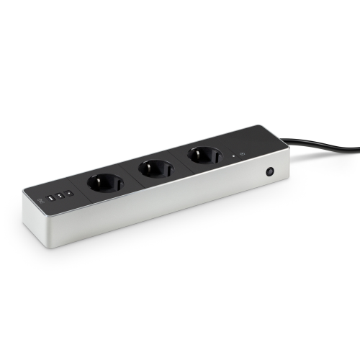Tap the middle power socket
click(156, 169)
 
